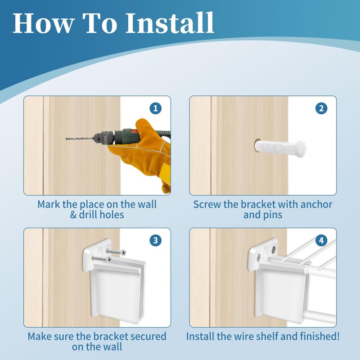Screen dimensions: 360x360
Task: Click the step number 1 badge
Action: (155, 108)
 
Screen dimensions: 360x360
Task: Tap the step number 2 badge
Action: (321, 108)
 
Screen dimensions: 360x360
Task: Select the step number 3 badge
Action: (155, 240)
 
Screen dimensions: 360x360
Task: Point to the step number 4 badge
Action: (321, 240)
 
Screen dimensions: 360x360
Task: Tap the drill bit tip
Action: (67, 139)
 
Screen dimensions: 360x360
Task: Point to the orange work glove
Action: (143, 152)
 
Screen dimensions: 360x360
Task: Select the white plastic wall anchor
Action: (280, 149)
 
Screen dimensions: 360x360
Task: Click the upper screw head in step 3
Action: (123, 252)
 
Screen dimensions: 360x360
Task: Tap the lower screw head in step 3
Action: (109, 260)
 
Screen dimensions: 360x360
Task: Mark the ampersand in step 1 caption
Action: (73, 215)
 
